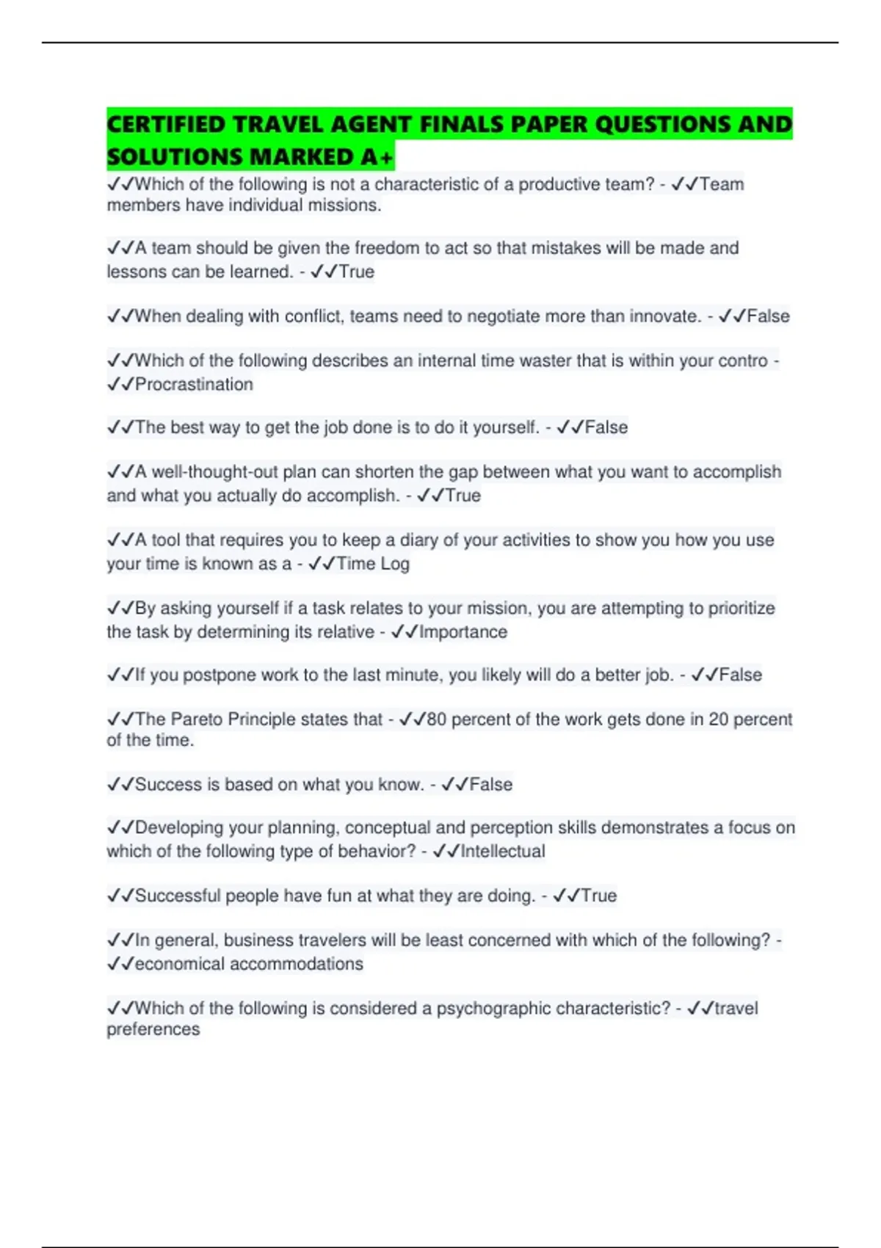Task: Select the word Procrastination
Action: coord(194,384)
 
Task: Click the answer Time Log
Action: coord(373,564)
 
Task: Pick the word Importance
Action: coord(463,632)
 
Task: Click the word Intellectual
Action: coord(503,852)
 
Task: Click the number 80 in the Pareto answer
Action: coord(436,719)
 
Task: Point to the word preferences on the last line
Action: coord(153,1029)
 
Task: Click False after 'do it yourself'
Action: coord(606,427)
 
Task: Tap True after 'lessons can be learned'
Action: coord(356,272)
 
